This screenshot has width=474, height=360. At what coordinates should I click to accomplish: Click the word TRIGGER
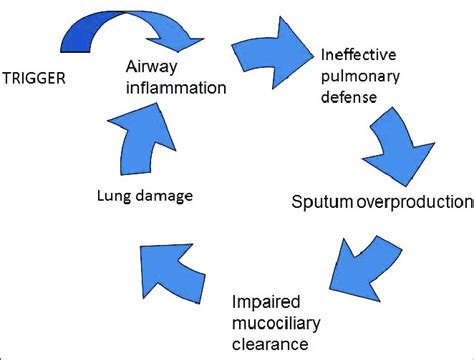point(37,76)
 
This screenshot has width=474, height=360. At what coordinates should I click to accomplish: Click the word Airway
point(153,67)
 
